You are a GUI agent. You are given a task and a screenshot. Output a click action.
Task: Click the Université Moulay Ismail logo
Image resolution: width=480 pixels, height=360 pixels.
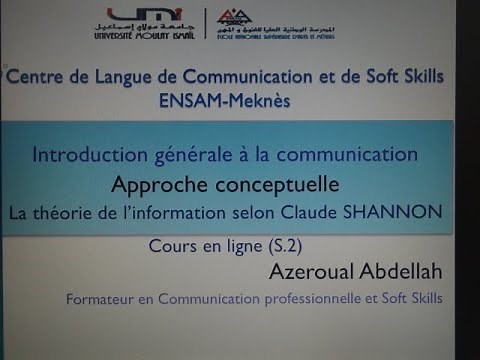point(151,24)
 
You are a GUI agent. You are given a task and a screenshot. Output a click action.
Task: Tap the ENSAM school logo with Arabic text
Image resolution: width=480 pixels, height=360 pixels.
point(270,25)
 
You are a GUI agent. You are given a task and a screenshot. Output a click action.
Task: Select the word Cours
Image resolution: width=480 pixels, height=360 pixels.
point(172,243)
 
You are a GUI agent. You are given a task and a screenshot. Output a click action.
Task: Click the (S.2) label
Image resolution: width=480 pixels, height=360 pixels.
point(285,243)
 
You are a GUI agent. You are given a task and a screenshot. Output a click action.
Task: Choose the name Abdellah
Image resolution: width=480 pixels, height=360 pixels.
point(402,271)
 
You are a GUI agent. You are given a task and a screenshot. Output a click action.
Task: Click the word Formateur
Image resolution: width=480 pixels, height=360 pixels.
point(103,298)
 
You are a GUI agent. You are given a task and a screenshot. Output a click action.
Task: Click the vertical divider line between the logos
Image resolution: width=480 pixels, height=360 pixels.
point(206,25)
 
